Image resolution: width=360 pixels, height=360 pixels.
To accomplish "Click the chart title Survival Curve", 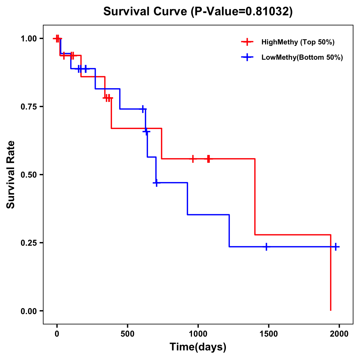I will click(x=198, y=11).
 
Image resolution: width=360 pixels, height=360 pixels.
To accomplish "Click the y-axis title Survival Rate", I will click(x=11, y=175).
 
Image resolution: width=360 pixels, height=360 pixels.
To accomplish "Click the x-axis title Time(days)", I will click(x=198, y=347).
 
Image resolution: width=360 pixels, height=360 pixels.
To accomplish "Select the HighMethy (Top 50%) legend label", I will click(x=298, y=42).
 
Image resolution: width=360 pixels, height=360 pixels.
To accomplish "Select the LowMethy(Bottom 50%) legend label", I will click(x=302, y=57).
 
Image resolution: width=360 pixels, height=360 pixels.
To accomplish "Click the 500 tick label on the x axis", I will click(x=127, y=334).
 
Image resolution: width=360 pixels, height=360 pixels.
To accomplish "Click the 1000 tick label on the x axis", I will click(x=198, y=334).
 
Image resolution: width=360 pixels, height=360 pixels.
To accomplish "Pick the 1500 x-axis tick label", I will click(x=268, y=334).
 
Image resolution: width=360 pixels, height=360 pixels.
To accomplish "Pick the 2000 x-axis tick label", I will click(x=339, y=334).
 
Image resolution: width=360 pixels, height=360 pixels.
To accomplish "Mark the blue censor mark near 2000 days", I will click(x=336, y=247).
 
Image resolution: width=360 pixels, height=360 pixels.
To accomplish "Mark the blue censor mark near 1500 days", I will click(x=266, y=247).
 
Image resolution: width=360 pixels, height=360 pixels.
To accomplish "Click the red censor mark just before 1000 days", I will click(x=193, y=159).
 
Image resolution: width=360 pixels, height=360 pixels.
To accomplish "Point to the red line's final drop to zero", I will click(x=331, y=273).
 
